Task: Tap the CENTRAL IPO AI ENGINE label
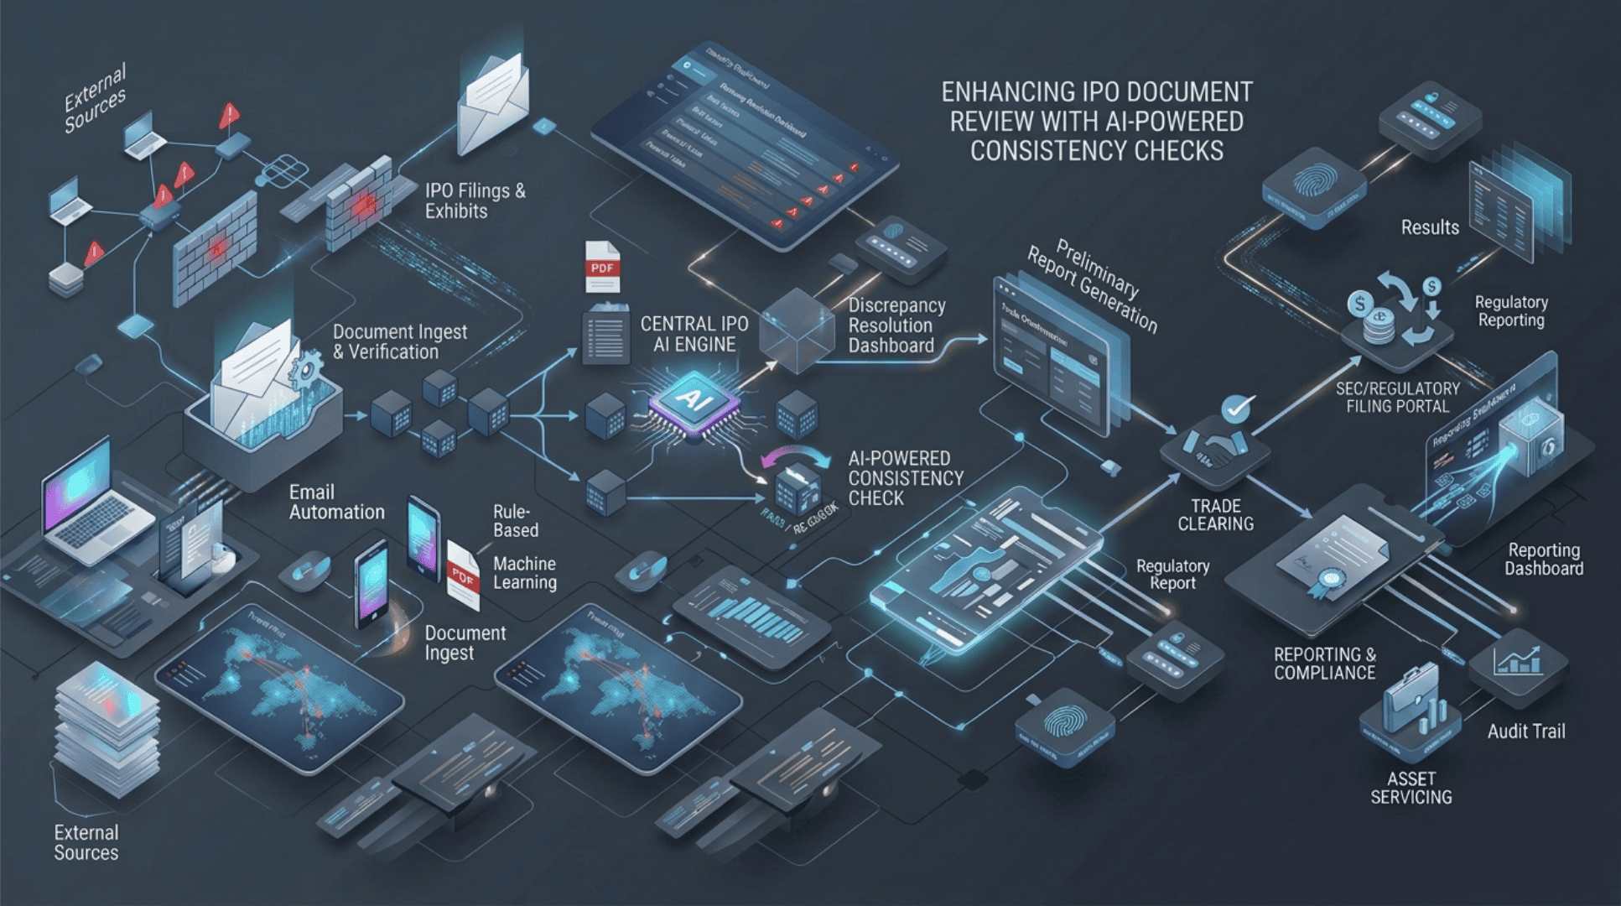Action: click(694, 334)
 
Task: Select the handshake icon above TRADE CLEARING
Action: click(1214, 450)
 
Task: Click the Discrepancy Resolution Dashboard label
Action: click(896, 325)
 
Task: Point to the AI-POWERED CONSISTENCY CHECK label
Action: click(905, 478)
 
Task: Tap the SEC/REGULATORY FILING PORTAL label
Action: click(1397, 398)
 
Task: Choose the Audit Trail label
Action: click(1525, 732)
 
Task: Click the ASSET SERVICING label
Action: click(1411, 788)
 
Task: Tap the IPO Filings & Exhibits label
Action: click(475, 201)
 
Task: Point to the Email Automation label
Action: click(336, 502)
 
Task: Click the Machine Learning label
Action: click(524, 573)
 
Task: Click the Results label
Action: click(1429, 227)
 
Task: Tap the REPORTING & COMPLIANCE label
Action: click(1324, 664)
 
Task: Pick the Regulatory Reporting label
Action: click(1510, 311)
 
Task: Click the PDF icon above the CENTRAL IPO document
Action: click(602, 267)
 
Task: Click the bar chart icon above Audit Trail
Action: click(1516, 661)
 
